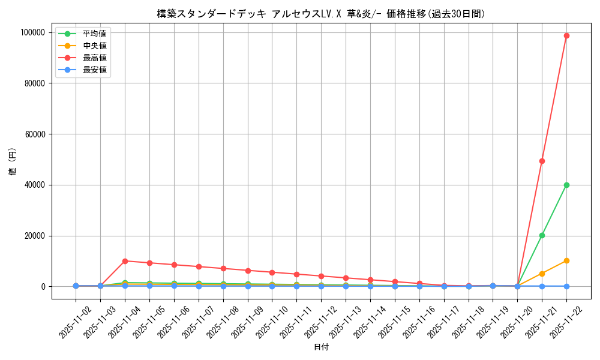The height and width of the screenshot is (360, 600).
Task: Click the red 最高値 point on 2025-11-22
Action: pos(566,35)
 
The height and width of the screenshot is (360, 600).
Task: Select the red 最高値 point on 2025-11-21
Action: pos(542,161)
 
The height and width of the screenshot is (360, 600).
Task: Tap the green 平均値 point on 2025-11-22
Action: pos(566,185)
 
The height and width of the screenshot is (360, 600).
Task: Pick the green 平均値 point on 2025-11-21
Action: pos(542,235)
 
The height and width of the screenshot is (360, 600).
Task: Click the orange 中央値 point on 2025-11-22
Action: pos(566,260)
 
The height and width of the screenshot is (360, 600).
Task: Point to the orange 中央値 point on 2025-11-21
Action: pos(542,274)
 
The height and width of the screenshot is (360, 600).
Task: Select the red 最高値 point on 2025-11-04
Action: pos(125,261)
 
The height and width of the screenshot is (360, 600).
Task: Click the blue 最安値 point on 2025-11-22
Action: pos(566,286)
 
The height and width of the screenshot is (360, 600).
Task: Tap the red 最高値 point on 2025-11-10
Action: pos(272,272)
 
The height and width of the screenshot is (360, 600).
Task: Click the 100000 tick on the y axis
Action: pos(33,32)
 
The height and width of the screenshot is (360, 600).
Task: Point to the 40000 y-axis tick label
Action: pos(35,185)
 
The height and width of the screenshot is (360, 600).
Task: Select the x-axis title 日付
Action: pos(321,347)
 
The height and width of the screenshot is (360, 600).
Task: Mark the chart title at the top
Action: pos(321,14)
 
